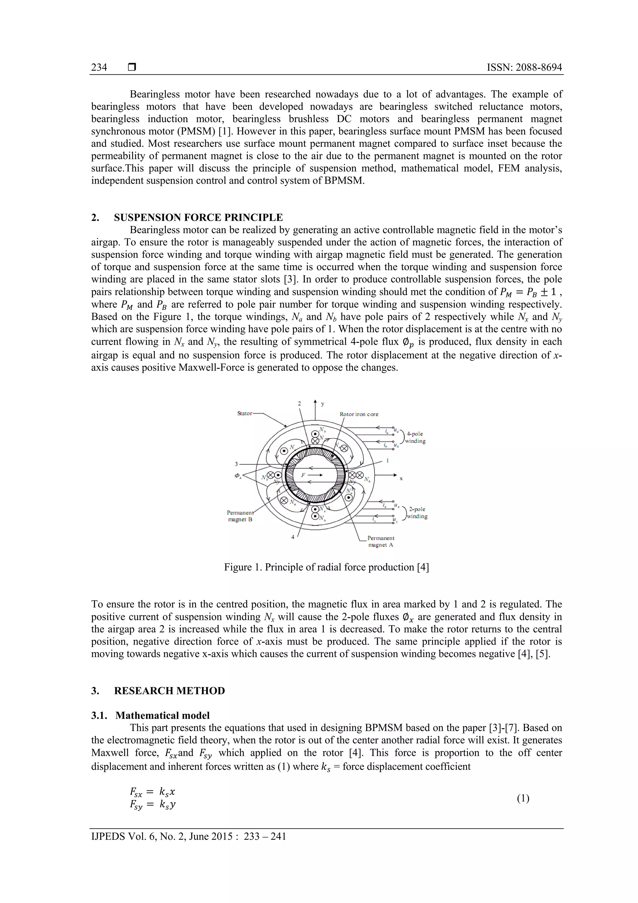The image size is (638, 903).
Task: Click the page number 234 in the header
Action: tap(99, 68)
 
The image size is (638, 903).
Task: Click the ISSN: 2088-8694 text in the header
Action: tap(524, 68)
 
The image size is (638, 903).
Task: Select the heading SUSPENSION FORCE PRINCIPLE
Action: tap(198, 218)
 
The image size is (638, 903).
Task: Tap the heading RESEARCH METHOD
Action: tap(169, 691)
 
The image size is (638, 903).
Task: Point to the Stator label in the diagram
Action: tap(245, 413)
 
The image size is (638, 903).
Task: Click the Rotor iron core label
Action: tap(359, 414)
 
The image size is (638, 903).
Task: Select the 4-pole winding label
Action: tap(415, 437)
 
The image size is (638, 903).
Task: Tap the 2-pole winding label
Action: tap(417, 512)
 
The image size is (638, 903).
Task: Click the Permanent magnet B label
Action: tap(240, 516)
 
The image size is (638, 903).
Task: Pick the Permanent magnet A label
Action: tap(380, 541)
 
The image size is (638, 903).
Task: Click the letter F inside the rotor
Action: tap(303, 475)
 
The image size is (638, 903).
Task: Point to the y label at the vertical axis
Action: tap(323, 404)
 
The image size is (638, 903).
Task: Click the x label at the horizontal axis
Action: tap(401, 479)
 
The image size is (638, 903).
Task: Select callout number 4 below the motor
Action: tap(293, 537)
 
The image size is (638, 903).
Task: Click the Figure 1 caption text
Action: tap(326, 567)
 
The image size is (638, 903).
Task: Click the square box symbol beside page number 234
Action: tap(132, 67)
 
